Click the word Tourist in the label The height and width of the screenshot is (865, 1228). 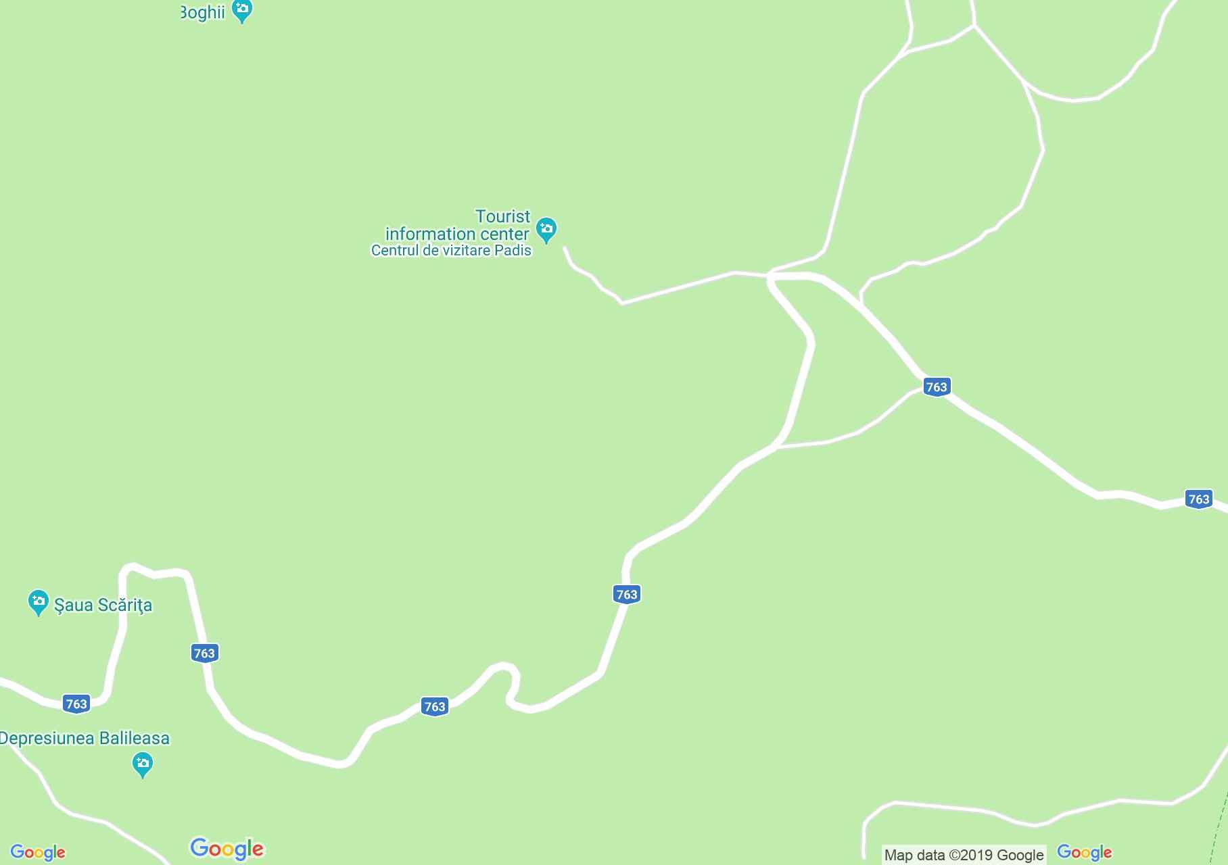point(502,217)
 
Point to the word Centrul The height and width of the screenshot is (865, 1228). point(394,251)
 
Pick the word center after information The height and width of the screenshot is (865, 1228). point(504,234)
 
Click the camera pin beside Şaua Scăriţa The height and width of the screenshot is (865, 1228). point(39,601)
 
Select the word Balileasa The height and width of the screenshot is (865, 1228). point(135,738)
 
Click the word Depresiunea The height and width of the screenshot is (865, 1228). point(47,738)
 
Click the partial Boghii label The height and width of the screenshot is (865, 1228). point(203,12)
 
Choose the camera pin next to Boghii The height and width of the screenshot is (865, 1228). point(241,10)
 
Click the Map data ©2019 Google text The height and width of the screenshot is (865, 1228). point(964,855)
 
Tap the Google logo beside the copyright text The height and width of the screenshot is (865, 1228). point(1084,853)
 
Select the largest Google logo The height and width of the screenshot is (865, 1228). point(227,849)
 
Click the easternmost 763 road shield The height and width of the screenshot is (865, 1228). point(1198,499)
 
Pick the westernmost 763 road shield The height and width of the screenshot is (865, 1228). point(76,703)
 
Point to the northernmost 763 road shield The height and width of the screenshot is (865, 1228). point(937,387)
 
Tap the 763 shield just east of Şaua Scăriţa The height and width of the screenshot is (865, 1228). point(204,653)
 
